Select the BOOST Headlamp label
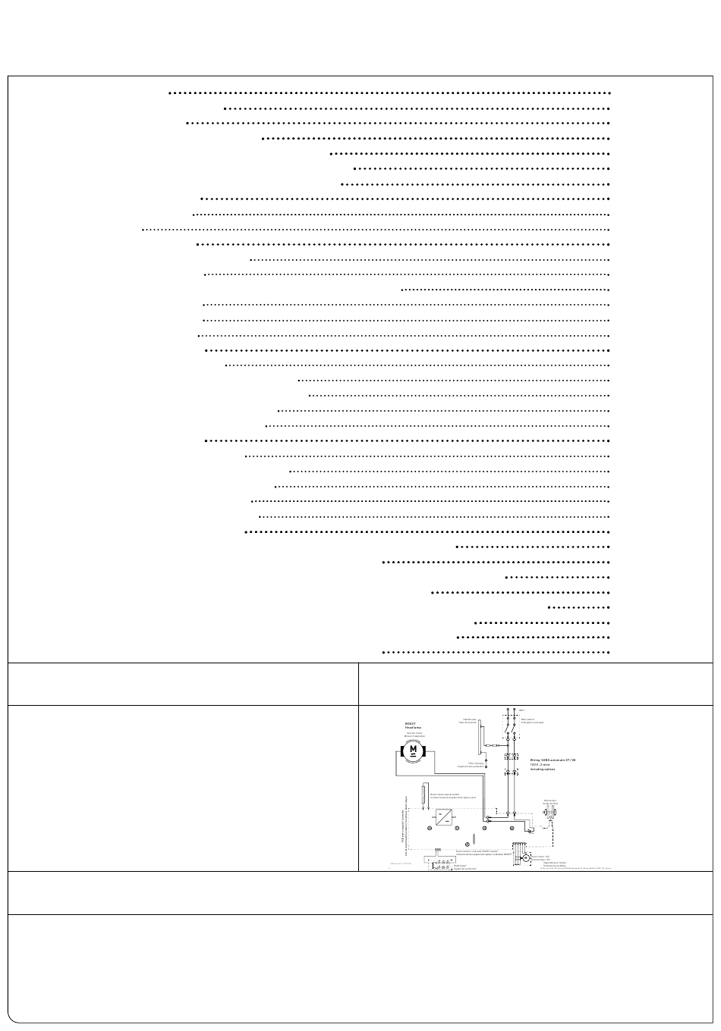(x=414, y=725)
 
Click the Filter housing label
(x=476, y=766)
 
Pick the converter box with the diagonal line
(x=445, y=817)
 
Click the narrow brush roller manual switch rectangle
(x=423, y=794)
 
